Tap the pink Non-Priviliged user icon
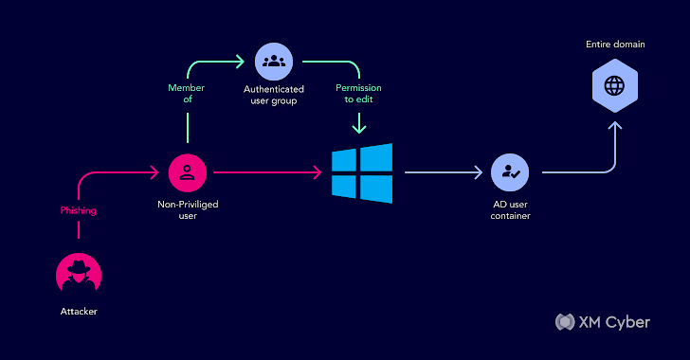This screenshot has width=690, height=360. (188, 172)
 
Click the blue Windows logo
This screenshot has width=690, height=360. (362, 173)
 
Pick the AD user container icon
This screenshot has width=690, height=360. (510, 172)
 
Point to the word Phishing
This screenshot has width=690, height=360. (79, 211)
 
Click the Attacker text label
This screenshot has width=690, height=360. (79, 311)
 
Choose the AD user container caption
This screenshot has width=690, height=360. (510, 210)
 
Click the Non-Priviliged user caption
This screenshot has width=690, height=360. (187, 209)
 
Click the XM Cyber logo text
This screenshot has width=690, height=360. (614, 322)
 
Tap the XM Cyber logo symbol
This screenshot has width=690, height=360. (565, 322)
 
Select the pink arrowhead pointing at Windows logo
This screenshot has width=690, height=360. (318, 173)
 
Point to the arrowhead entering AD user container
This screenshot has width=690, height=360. (479, 173)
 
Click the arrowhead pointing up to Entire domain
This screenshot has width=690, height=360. (614, 123)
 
